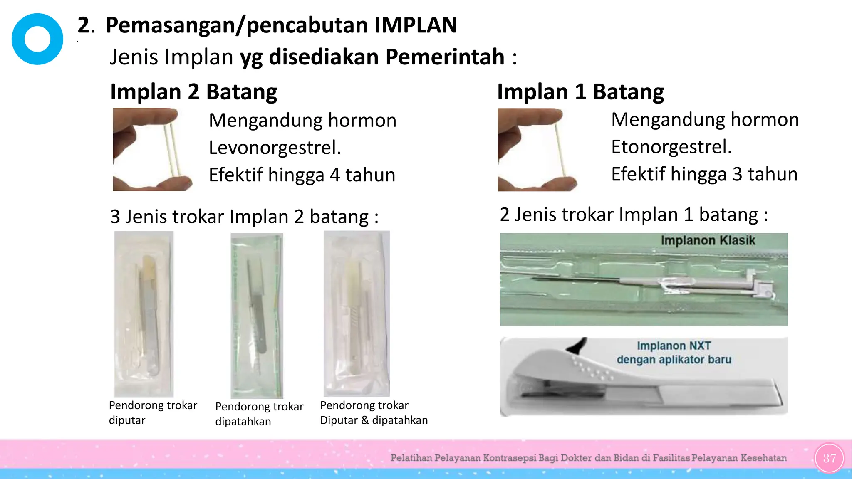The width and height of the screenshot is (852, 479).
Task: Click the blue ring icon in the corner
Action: coord(37,39)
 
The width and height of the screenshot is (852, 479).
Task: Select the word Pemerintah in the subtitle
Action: coord(445,57)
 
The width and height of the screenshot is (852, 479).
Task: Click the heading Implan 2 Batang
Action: coord(193,92)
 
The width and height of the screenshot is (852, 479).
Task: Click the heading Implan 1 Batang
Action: coord(580,92)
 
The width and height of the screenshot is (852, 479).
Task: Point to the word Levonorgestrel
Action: coord(275,148)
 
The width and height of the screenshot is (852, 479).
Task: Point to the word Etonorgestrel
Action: coord(671,147)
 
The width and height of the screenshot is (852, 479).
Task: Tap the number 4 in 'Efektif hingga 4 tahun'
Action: coord(335,175)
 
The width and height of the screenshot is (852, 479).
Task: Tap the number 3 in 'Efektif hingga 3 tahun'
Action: coord(737,174)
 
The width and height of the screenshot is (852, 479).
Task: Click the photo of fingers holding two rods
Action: coord(152,149)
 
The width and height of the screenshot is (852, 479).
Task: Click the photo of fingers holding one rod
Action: coord(537,149)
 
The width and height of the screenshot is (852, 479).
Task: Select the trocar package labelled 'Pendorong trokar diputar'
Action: coord(144,314)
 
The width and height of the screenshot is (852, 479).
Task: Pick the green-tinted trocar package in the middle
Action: coord(257,315)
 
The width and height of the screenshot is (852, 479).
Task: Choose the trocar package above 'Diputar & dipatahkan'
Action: coord(357,314)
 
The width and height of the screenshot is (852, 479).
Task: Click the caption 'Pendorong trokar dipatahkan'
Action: coord(259,414)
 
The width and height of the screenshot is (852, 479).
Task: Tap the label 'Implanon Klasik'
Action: coord(708,240)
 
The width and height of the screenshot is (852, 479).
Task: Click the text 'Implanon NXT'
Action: coord(674,346)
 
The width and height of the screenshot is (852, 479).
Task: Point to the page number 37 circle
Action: coord(829,458)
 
